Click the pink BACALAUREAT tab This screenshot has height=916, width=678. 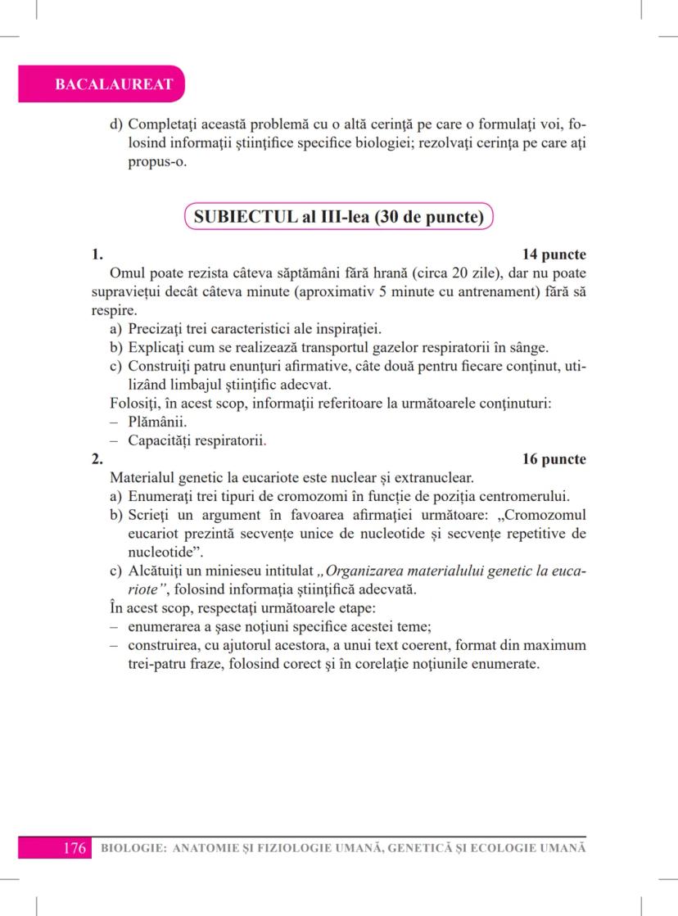[x=102, y=84]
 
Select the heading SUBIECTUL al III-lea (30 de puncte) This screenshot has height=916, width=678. [x=339, y=219]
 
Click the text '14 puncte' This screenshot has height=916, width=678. [x=554, y=255]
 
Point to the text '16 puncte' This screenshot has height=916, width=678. [x=554, y=459]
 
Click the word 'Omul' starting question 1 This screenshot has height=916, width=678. [x=125, y=273]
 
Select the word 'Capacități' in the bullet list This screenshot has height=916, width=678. [x=160, y=440]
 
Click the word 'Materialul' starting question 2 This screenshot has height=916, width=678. [x=144, y=477]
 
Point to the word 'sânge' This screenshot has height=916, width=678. [x=529, y=347]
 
